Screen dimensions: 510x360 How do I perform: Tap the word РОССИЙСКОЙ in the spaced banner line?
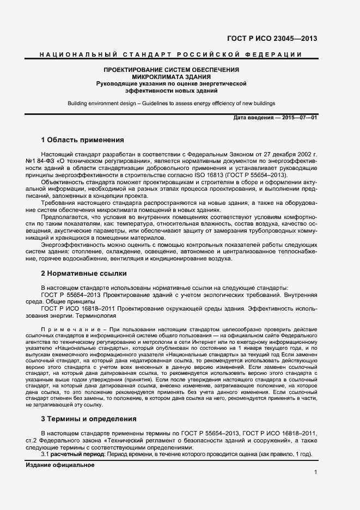click(x=205, y=54)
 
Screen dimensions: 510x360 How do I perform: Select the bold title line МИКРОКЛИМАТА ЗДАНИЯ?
click(x=172, y=77)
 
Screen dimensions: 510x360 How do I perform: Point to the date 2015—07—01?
click(x=299, y=118)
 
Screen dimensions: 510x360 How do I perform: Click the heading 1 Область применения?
click(x=83, y=139)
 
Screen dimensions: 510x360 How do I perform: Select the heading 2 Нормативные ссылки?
click(x=84, y=272)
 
